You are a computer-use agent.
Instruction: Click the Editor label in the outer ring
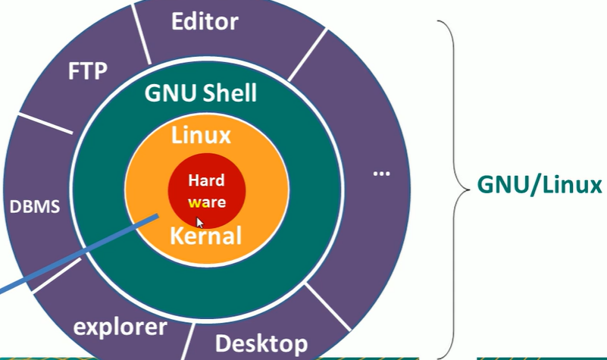coord(205,21)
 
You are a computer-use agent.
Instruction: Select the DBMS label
coord(35,206)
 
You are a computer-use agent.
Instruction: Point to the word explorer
coord(119,327)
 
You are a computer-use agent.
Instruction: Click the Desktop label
coord(261,343)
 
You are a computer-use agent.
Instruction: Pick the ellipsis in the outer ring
coord(381,174)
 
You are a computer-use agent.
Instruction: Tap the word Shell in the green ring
coord(230,94)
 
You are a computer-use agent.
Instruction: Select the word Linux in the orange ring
coord(201,136)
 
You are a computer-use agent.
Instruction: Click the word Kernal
coord(205,236)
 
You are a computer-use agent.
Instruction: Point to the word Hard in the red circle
coord(207,181)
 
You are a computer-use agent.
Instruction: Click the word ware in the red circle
coord(207,202)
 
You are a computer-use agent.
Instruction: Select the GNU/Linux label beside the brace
coord(539,185)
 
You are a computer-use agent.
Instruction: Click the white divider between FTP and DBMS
coord(45,125)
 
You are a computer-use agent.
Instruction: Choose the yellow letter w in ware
coord(195,203)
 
